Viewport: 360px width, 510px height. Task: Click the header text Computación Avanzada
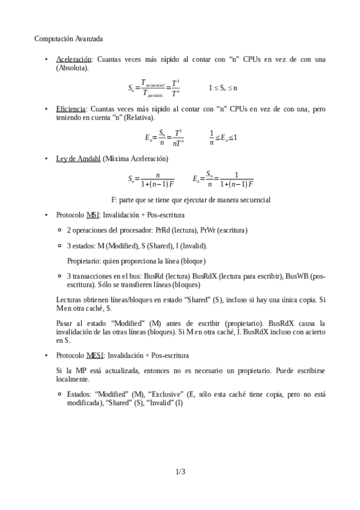68,38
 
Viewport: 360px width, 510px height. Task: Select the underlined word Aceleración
74,60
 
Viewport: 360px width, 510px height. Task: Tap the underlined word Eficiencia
71,109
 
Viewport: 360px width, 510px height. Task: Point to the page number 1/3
180,472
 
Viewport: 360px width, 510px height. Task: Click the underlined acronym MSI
93,214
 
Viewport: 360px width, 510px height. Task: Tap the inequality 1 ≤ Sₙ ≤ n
223,88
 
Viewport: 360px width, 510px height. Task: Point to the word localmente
73,379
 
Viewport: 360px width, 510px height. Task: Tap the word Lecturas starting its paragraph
69,299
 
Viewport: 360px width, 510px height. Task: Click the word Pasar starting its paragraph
64,323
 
